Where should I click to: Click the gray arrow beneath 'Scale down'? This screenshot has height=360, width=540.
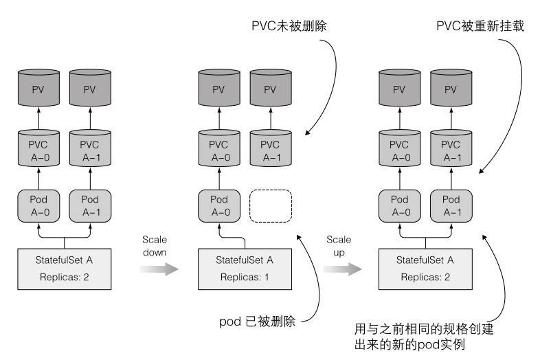[159, 269]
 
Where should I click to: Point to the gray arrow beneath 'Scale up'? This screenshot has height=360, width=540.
[342, 269]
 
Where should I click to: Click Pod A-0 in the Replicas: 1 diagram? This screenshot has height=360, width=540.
[219, 205]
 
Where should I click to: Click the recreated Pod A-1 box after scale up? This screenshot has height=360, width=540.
[451, 205]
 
